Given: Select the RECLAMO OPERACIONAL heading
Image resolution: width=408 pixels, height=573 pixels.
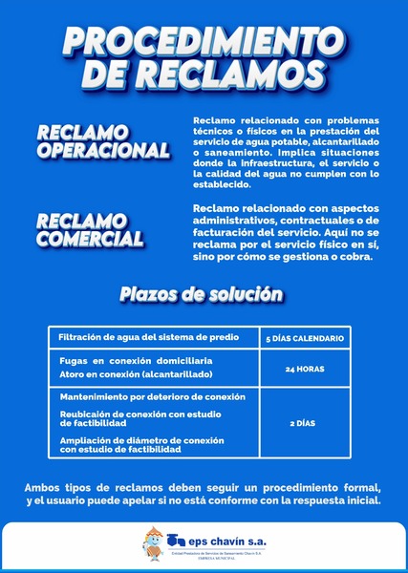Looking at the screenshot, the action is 102,140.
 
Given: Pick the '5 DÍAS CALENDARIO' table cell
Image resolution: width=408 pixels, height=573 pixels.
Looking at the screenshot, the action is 304,339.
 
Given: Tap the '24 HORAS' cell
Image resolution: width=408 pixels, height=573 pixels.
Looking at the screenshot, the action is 304,368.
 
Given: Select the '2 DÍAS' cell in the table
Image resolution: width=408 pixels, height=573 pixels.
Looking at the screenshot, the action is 304,421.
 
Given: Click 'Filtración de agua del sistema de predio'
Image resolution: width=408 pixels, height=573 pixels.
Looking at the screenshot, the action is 146,338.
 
